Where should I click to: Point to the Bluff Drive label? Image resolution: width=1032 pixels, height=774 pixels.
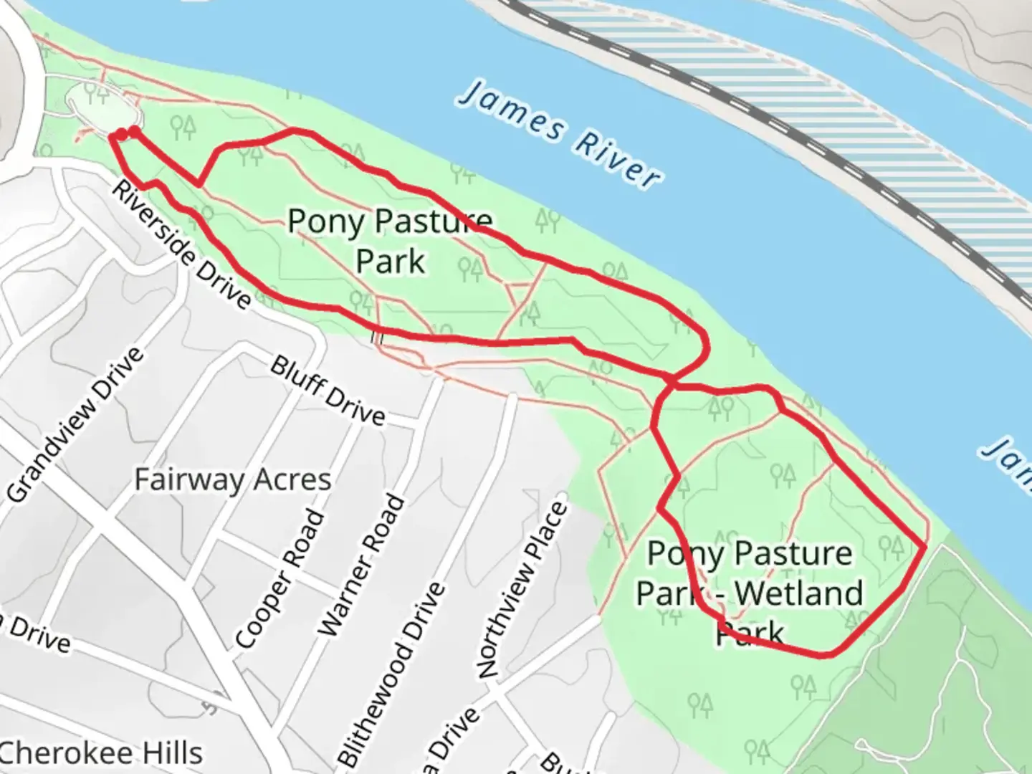coord(328,391)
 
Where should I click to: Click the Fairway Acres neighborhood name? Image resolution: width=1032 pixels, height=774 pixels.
coord(233,479)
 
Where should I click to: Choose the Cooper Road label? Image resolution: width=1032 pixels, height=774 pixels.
coord(280,578)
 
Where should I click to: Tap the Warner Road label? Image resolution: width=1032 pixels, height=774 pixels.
coord(361,566)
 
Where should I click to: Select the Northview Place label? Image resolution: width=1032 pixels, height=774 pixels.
coord(523,591)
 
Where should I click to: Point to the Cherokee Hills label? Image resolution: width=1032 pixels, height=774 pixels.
coord(100,753)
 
